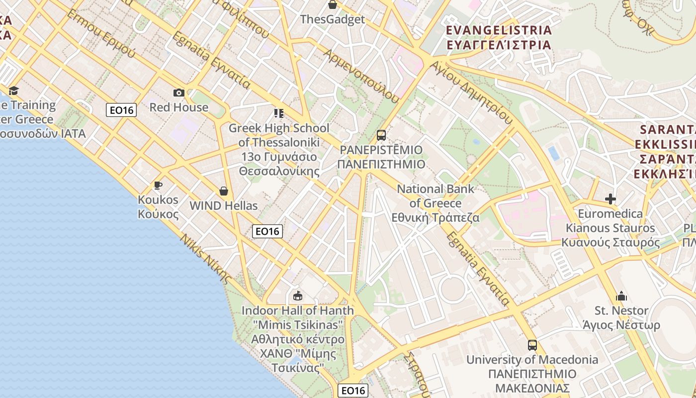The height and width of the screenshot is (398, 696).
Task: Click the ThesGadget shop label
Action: pos(333,19)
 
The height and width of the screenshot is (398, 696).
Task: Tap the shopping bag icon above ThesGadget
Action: pos(333,5)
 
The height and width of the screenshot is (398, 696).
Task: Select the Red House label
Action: pos(179,107)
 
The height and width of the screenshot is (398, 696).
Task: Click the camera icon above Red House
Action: pos(179,93)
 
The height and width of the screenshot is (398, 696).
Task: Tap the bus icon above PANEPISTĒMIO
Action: pos(381,135)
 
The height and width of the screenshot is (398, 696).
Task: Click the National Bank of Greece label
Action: pos(435,203)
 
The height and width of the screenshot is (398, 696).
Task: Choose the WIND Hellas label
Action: pos(224,205)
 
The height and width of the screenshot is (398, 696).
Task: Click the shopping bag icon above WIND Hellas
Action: pos(224,191)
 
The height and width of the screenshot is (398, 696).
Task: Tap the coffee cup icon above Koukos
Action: pos(158,185)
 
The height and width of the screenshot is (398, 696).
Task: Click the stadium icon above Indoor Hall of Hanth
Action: pos(298,297)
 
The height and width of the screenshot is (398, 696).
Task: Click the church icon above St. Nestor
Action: pos(621,297)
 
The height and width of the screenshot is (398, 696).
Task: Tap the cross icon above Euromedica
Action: pos(610,199)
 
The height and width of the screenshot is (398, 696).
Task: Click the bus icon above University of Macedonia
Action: pos(532,345)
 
